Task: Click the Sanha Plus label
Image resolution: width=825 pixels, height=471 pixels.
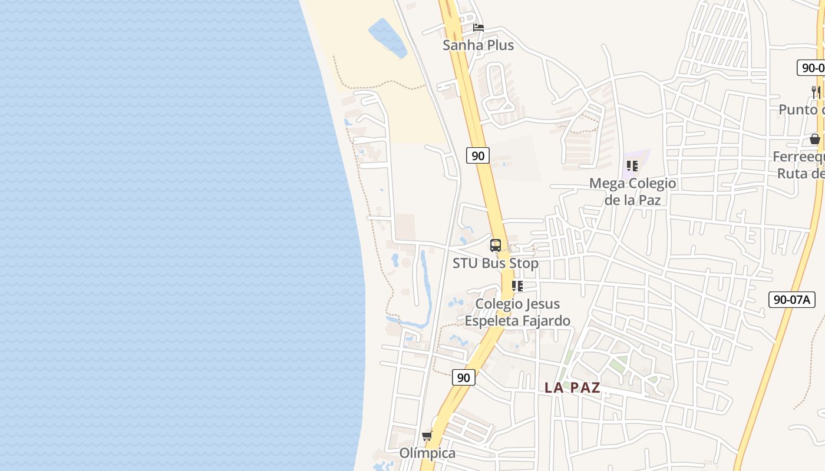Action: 478,45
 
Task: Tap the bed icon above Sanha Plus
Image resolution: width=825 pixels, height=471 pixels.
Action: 478,28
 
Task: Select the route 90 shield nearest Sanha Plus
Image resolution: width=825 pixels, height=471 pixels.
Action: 478,155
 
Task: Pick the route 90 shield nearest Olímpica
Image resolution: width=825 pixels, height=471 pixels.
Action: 464,377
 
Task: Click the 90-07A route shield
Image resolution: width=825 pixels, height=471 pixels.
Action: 791,300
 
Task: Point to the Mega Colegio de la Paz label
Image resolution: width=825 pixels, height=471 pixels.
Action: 632,191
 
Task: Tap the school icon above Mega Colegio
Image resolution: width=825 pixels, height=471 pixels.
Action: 632,166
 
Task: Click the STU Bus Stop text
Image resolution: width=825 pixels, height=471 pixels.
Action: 495,263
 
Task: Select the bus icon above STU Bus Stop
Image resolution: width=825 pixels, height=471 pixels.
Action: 496,246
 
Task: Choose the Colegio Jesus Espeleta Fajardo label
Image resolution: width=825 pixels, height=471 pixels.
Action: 517,312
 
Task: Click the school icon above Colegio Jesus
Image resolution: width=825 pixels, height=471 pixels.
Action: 517,286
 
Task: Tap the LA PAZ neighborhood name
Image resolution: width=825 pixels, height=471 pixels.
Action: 572,387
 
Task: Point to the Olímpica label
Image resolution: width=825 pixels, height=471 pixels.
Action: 427,453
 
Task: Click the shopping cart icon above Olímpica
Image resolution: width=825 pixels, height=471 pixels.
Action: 427,436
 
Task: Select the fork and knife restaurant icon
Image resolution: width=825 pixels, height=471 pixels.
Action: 816,92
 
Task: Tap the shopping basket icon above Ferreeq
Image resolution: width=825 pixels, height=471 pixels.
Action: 815,139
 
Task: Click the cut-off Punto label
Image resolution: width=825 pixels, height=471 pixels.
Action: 801,110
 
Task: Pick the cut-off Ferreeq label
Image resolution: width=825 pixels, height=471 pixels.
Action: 800,165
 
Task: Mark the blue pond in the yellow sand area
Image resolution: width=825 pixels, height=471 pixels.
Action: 387,38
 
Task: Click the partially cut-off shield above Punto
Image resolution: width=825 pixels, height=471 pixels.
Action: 811,68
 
